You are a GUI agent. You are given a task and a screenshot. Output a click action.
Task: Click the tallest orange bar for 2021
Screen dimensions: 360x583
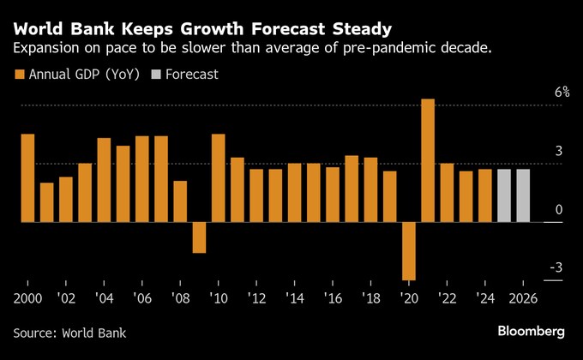[428, 160]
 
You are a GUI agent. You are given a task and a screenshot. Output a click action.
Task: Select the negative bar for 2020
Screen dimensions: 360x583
[409, 250]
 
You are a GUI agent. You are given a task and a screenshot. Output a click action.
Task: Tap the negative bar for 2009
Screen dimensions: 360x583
[199, 237]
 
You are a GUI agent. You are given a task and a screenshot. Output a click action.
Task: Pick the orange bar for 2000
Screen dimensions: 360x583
[27, 178]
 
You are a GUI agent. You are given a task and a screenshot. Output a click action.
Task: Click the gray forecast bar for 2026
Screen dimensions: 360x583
[523, 195]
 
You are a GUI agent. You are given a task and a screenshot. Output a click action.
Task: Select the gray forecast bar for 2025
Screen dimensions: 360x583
[504, 195]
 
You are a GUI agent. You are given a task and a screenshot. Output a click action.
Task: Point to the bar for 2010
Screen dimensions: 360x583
[218, 178]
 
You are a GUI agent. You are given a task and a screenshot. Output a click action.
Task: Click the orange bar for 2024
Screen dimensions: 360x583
[485, 195]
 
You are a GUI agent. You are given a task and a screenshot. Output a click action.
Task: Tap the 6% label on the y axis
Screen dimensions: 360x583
[562, 93]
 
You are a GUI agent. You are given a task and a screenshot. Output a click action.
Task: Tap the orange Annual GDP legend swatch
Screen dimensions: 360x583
[19, 75]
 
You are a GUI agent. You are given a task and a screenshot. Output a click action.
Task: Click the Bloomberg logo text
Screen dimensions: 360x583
[532, 331]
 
